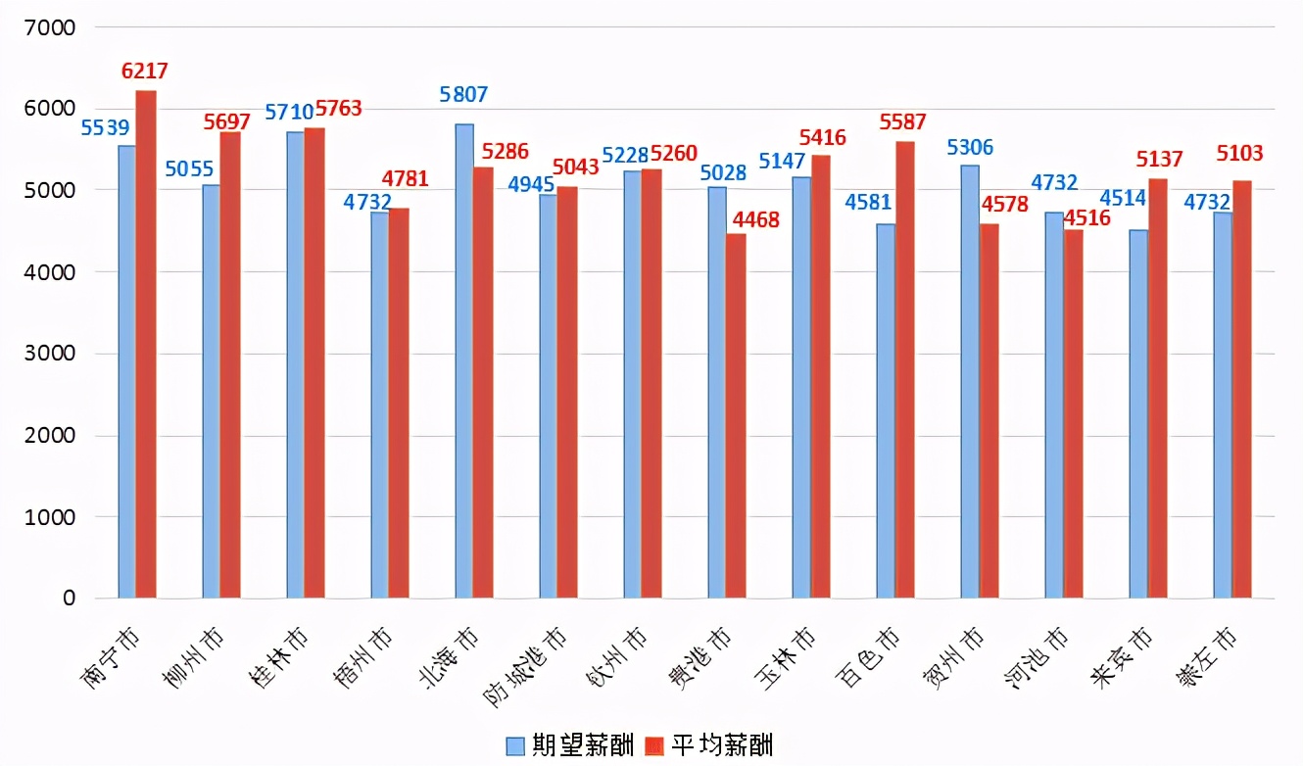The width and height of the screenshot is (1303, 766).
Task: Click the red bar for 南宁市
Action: [x=146, y=344]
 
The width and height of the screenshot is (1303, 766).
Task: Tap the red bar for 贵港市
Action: [x=736, y=415]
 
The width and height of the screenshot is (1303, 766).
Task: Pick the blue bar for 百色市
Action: [x=885, y=410]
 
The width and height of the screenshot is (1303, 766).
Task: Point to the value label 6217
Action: [x=145, y=72]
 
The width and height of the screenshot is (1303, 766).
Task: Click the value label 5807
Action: [x=463, y=95]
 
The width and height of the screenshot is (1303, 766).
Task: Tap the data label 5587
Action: [x=903, y=122]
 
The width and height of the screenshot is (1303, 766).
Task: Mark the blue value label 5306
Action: [x=970, y=148]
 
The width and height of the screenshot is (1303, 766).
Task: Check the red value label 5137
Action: [x=1159, y=160]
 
